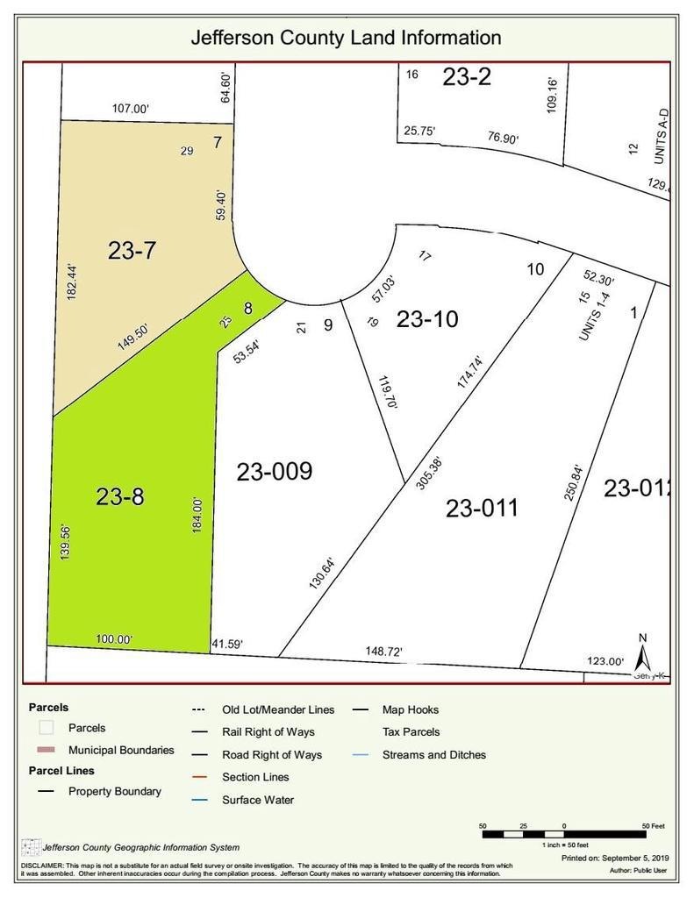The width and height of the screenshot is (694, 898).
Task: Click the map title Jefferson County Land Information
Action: coord(347,38)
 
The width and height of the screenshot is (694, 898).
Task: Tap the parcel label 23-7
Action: coord(132,251)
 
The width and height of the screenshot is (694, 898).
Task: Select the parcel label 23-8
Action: coord(120,496)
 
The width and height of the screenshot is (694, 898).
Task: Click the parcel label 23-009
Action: coord(274,472)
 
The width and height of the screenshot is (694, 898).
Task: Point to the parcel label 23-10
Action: coord(427,320)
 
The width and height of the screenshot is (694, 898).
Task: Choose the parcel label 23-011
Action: coord(482,508)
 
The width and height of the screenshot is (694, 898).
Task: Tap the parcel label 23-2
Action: coord(467,77)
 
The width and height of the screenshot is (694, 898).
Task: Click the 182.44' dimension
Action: coord(74,282)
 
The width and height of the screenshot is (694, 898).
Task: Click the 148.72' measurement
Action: coord(389,652)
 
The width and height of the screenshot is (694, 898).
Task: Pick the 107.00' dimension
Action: coord(131,110)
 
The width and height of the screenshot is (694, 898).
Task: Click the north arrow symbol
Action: coord(642,652)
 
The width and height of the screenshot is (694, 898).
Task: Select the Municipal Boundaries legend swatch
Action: coord(47,751)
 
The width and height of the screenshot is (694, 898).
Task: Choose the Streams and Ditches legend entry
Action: coord(433,754)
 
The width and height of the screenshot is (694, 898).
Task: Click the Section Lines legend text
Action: coord(255,777)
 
